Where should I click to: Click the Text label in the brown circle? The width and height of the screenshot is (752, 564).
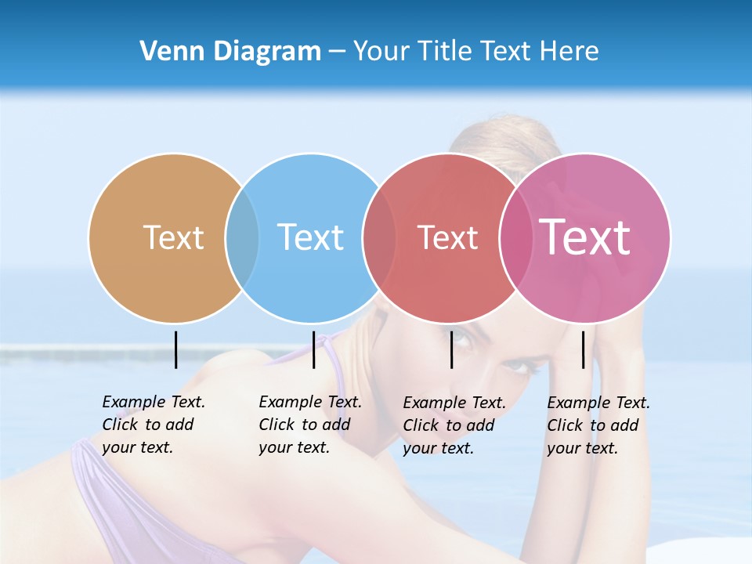(173, 237)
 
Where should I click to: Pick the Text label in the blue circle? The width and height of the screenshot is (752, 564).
(310, 237)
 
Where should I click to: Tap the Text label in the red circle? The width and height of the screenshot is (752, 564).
(447, 237)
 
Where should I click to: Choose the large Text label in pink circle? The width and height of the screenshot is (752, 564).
(584, 237)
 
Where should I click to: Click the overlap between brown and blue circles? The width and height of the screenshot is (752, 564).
(242, 237)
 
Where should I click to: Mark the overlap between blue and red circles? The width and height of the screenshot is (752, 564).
(379, 237)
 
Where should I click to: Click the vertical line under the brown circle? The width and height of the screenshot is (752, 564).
(175, 349)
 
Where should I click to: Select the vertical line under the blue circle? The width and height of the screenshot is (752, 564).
(313, 349)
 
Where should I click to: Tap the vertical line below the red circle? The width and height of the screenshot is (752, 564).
(451, 349)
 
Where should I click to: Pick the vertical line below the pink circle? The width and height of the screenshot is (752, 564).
(583, 349)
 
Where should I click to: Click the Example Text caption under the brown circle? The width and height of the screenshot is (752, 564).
(153, 425)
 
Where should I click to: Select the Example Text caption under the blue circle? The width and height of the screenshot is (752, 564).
(309, 425)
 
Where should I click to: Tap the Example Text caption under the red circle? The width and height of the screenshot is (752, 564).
(454, 425)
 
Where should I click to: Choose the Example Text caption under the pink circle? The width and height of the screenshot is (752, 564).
(598, 425)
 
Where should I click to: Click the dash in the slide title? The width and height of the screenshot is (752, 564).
(337, 52)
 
